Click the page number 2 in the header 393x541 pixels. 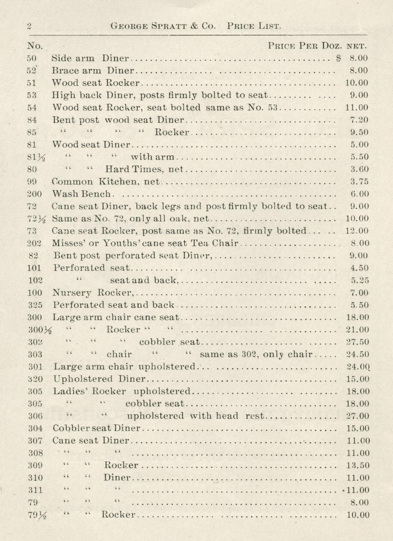[29, 26]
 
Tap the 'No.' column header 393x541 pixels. [35, 46]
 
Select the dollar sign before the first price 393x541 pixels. [339, 58]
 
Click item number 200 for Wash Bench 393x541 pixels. [35, 194]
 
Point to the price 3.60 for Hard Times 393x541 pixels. [359, 169]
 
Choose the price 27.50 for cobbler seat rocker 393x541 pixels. [357, 342]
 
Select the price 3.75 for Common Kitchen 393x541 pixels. [359, 182]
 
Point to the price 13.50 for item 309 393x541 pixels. [358, 465]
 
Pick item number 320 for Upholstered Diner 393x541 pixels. [35, 379]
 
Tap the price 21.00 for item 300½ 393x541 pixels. [357, 330]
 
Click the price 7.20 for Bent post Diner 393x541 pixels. [359, 120]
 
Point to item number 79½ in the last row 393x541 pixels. [37, 515]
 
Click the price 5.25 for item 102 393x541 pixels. [359, 280]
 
